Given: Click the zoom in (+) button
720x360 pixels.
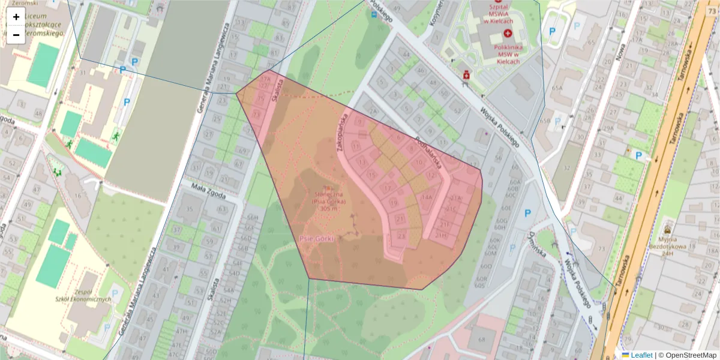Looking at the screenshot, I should click(x=16, y=17).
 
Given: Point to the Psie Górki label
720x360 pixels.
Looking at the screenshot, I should click(x=316, y=238).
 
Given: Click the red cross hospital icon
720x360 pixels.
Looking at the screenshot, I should click(x=508, y=33).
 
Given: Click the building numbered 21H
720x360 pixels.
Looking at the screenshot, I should click(x=442, y=235).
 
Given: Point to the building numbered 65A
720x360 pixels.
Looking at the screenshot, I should click(x=557, y=88).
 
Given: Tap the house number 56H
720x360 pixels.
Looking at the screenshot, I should click(x=252, y=217).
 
